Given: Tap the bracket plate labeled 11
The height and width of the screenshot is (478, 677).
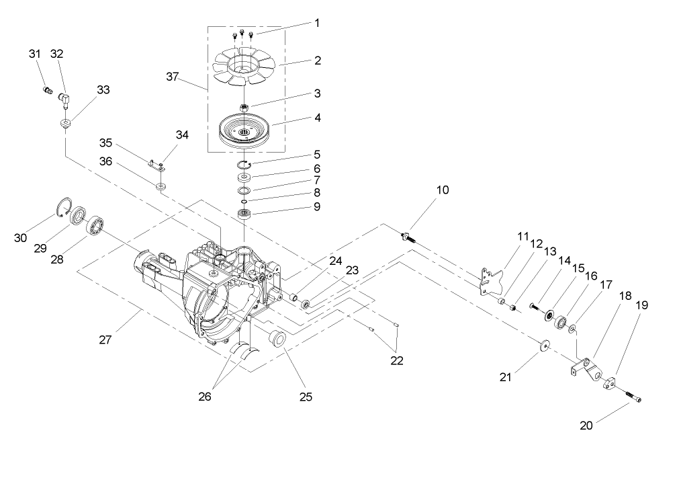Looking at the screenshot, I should pos(491,280).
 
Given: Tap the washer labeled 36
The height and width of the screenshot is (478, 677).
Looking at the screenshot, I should pos(161,186).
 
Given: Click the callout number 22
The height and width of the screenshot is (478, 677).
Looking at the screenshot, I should pos(396,361).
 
